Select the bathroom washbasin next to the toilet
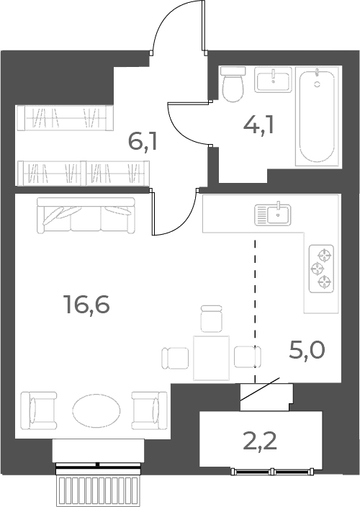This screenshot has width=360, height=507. [273, 79]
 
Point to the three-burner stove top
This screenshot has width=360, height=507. [321, 269]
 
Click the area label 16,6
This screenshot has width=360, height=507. [87, 305]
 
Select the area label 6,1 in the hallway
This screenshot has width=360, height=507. [143, 142]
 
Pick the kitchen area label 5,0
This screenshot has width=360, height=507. [306, 350]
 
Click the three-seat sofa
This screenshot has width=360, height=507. [86, 215]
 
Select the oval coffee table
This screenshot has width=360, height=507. [96, 410]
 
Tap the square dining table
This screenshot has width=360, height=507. [212, 358]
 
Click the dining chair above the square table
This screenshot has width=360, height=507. [212, 318]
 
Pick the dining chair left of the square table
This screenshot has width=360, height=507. [175, 358]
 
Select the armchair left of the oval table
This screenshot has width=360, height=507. [38, 410]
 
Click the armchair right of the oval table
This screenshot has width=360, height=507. [149, 410]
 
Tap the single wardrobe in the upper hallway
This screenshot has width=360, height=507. [65, 118]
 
